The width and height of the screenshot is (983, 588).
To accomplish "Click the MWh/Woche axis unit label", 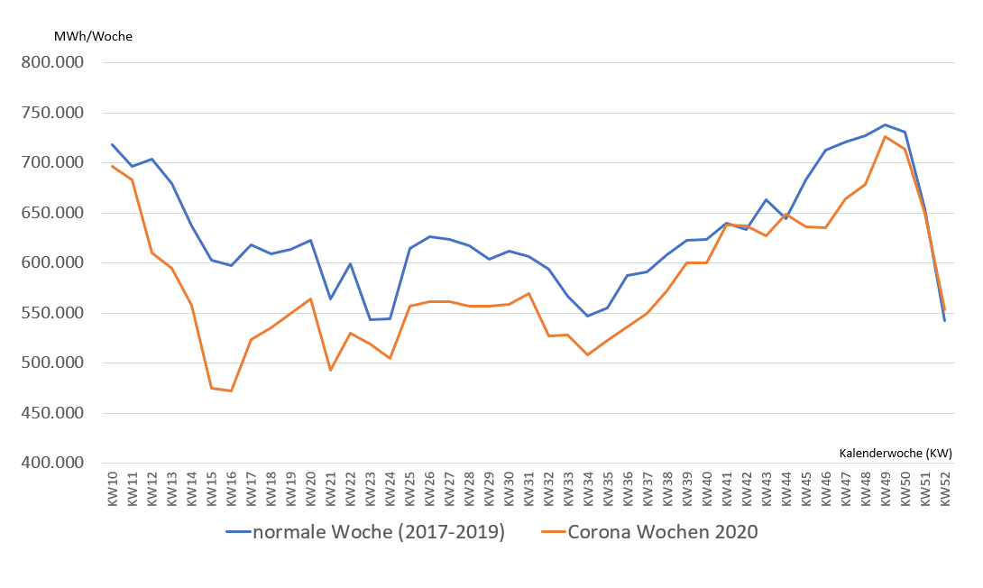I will (92, 36).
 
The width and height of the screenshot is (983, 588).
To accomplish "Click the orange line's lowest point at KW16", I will (232, 390).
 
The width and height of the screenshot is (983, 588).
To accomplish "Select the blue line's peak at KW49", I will (886, 124).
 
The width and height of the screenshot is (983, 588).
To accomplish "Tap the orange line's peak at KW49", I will (886, 136).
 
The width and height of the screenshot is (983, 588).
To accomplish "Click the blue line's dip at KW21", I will (330, 299).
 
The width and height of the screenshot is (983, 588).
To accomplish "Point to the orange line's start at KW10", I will (113, 166).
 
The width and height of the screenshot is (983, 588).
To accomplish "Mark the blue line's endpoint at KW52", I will (944, 320).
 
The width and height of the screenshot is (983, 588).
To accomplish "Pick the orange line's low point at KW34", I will (588, 354).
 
